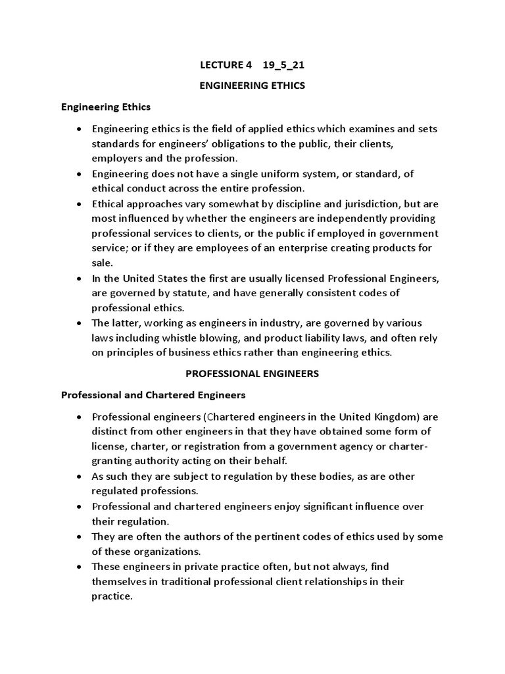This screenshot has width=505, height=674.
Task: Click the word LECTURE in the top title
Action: [220, 66]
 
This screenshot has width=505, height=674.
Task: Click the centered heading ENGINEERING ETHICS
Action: [252, 86]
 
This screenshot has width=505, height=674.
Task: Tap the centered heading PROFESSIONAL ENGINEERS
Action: [252, 373]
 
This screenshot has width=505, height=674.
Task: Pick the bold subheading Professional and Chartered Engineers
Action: [153, 395]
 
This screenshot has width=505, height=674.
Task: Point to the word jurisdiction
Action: [347, 203]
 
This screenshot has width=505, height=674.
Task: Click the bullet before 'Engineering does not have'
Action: [79, 174]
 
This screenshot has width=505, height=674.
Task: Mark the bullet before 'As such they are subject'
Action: [79, 476]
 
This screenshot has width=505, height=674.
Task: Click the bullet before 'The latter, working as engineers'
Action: [79, 323]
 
